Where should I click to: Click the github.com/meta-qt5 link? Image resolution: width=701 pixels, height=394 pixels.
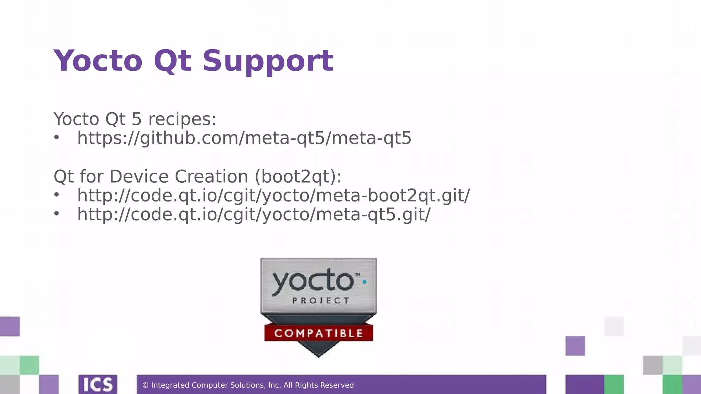[244, 138]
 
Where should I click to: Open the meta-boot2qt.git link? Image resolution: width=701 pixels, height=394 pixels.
[273, 195]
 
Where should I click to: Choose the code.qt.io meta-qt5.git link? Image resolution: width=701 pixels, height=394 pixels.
[254, 214]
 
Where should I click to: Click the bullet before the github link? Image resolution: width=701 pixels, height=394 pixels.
[56, 138]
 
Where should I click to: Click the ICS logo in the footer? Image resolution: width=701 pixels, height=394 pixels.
[98, 385]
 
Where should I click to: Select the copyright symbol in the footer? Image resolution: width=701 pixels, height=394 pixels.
[145, 385]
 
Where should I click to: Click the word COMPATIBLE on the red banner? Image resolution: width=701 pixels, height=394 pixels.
[319, 333]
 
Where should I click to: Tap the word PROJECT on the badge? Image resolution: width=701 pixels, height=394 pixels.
[321, 301]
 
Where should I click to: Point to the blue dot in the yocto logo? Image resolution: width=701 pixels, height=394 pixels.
[365, 282]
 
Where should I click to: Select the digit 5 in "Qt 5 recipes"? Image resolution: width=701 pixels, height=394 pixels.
[136, 119]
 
